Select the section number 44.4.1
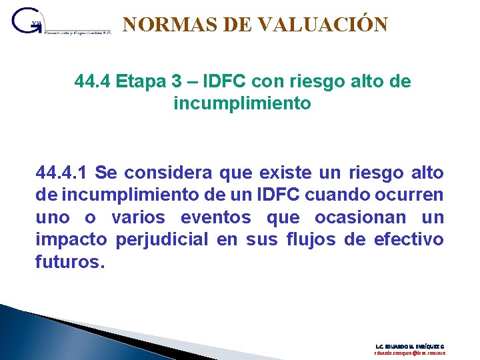pos(61,173)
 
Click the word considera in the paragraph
pos(157,173)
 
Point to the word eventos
pos(217,218)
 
